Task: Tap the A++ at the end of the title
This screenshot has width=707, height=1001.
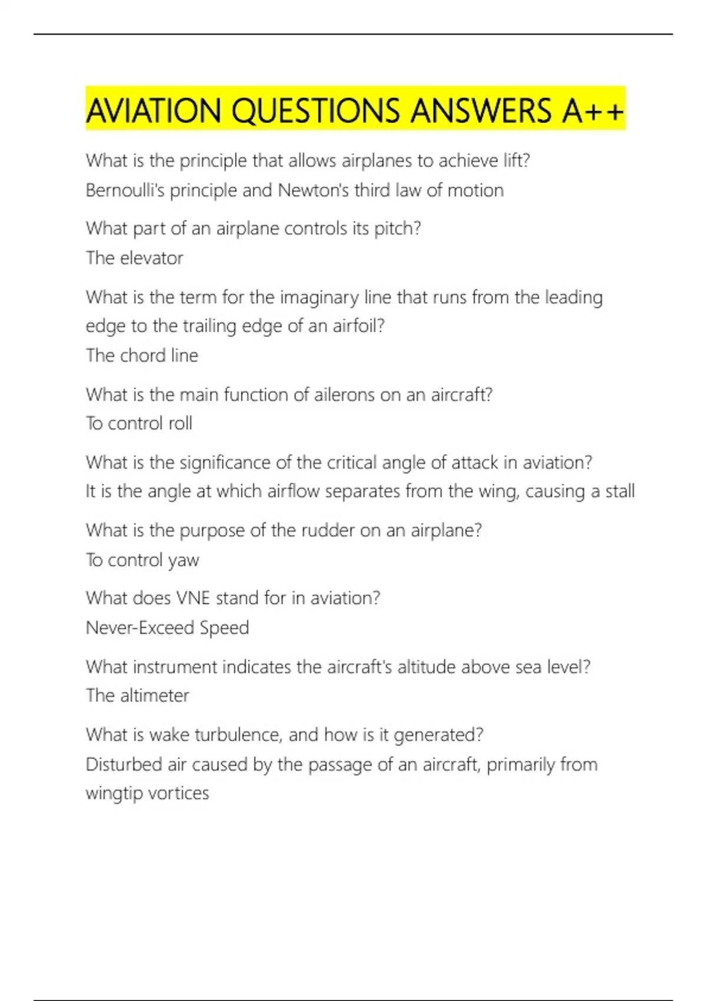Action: [x=593, y=111]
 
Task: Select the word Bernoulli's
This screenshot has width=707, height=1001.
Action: [x=125, y=190]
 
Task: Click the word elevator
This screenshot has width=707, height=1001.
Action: [x=151, y=258]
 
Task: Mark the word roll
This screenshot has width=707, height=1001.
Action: [x=180, y=423]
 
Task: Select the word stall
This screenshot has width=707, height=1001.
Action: [x=620, y=491]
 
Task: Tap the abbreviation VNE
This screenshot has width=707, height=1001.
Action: [x=193, y=598]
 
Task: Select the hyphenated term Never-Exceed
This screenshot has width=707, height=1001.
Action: [x=140, y=628]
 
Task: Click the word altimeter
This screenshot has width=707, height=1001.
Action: [x=154, y=695]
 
